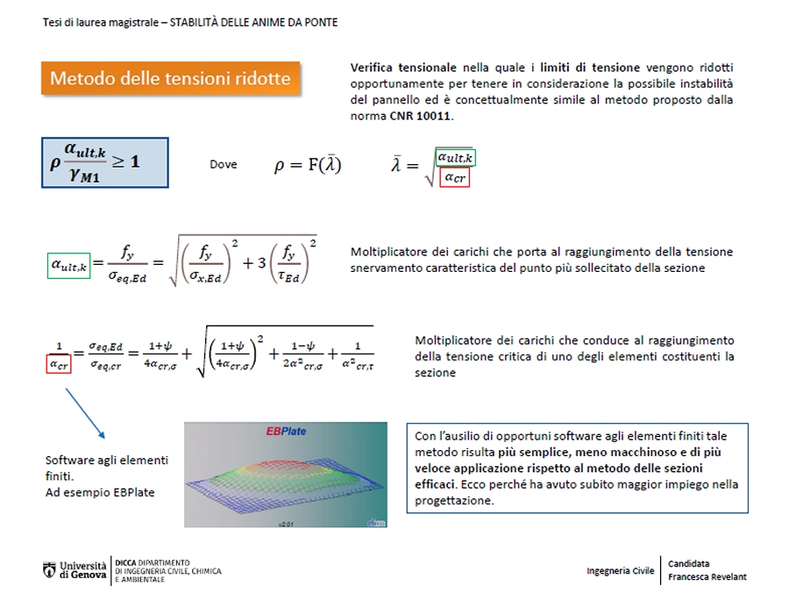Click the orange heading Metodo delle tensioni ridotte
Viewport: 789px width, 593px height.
(x=170, y=78)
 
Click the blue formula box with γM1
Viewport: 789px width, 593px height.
(x=104, y=162)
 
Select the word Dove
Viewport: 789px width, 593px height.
(x=223, y=164)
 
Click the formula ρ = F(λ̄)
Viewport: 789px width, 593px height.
(x=308, y=165)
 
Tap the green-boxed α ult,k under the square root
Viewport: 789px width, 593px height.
(x=455, y=158)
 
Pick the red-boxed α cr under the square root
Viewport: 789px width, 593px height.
(x=455, y=178)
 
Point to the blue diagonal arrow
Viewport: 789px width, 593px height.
(x=85, y=413)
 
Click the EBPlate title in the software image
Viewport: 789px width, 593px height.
(x=286, y=432)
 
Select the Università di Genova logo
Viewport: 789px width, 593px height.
(x=75, y=569)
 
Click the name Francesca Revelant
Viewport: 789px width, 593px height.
(x=707, y=576)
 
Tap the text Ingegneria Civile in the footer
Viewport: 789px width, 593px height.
(x=620, y=570)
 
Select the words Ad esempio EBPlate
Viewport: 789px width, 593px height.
(x=100, y=492)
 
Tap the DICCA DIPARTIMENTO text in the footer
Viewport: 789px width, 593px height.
(x=153, y=561)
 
